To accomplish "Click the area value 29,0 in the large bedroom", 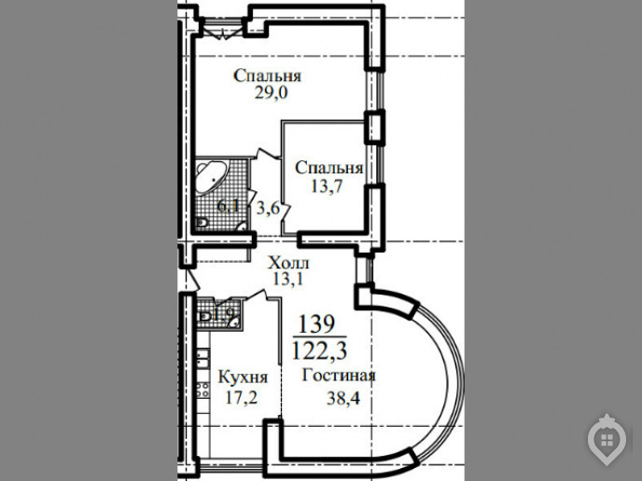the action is coord(271,93).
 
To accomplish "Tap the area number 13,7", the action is coord(327,186).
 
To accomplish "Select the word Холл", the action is coord(288,263).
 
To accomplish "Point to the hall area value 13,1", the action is coord(287,279).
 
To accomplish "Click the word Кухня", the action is coord(243,378).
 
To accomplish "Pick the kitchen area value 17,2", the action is coord(242,397).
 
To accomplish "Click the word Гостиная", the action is coord(339,375).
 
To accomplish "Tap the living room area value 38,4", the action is coord(343,397).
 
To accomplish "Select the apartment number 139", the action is coord(317,324).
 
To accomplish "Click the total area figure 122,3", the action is coord(319,350).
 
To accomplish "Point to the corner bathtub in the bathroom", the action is coord(210,177).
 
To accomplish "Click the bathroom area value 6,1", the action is coord(228,206).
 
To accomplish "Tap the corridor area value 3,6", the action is coord(268,209).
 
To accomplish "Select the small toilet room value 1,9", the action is coord(224,314).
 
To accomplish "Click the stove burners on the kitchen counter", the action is coord(202,390).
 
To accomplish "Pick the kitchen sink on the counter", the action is coord(202,358).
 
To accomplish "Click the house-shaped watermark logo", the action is coord(607,440).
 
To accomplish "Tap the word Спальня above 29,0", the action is coord(268,76).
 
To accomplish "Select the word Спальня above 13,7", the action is coord(329,168).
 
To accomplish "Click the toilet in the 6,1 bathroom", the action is coord(202,223).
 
